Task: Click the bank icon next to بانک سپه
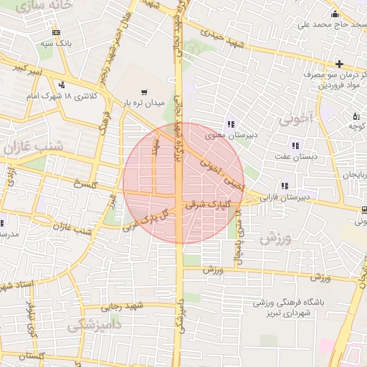tap(57, 33)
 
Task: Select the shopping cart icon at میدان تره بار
tap(146, 92)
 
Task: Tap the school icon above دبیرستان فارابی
tap(285, 185)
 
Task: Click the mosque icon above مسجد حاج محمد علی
tap(334, 14)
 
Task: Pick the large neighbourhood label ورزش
tap(275, 239)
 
